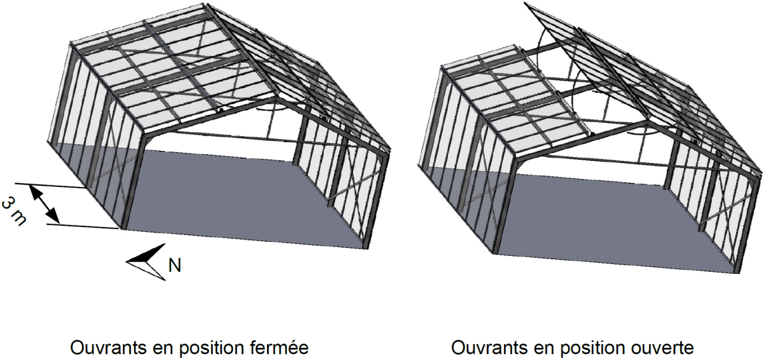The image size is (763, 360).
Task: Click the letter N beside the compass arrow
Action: point(175,266)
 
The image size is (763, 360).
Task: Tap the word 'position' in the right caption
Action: point(589,349)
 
